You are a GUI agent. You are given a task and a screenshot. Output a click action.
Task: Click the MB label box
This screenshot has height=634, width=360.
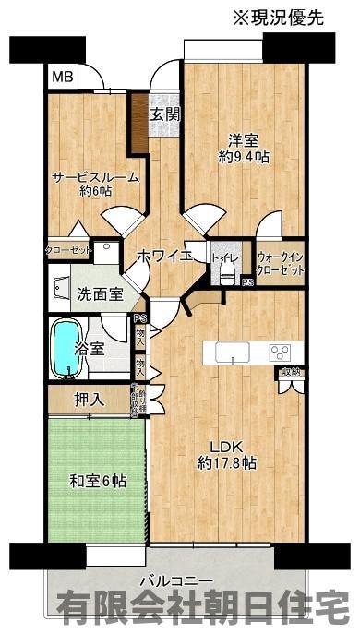[61, 78]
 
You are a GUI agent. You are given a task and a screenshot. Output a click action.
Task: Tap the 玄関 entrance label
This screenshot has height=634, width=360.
[165, 114]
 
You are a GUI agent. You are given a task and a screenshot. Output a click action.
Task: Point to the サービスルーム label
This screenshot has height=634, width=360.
[95, 183]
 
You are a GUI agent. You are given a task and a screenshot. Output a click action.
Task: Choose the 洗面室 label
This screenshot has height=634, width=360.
[99, 295]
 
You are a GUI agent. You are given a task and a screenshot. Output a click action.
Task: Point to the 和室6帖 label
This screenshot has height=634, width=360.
[97, 481]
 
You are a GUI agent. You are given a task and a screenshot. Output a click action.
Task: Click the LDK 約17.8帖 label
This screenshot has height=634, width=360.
[226, 455]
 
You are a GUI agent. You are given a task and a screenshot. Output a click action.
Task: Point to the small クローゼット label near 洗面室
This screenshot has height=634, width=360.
[69, 250]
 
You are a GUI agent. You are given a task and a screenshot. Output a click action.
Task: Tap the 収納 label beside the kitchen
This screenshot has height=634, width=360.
[291, 372]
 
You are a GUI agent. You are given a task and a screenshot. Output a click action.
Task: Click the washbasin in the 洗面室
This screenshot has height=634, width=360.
[63, 290]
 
